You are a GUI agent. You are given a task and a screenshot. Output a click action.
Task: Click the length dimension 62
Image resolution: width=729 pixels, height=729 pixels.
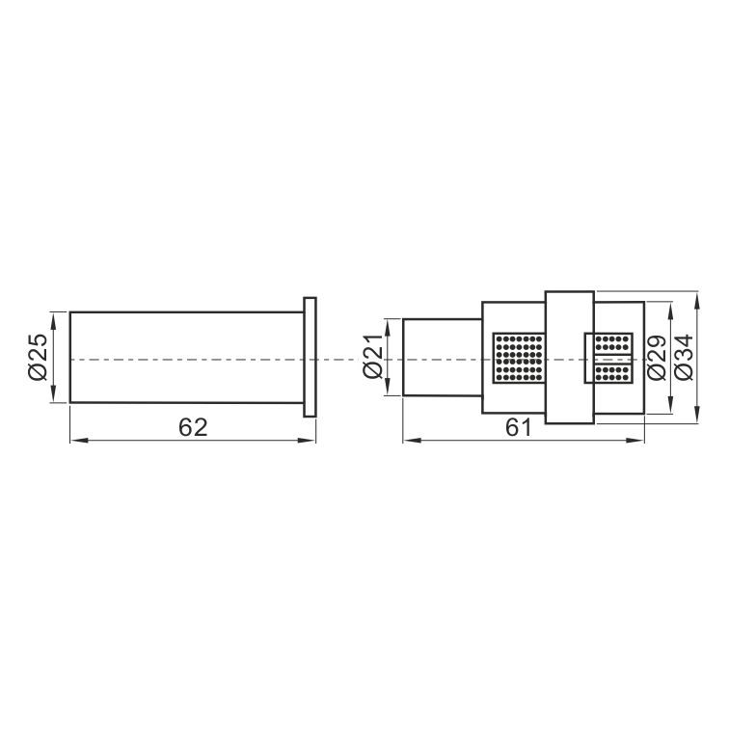click(193, 427)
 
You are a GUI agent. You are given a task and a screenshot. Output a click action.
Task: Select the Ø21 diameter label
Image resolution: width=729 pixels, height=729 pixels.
click(373, 356)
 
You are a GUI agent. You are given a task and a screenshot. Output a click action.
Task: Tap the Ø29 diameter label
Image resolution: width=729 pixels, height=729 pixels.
click(656, 358)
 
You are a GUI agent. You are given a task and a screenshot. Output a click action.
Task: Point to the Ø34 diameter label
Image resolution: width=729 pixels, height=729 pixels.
click(684, 358)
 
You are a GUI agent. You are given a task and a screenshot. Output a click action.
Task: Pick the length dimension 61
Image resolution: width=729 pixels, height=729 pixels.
click(519, 427)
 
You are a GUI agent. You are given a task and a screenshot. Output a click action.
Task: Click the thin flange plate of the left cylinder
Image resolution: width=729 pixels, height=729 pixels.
click(310, 357)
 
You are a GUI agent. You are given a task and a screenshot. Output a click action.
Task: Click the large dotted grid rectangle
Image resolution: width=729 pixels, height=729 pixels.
click(519, 358)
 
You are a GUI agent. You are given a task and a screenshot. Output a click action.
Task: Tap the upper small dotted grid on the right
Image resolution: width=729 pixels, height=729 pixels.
click(613, 344)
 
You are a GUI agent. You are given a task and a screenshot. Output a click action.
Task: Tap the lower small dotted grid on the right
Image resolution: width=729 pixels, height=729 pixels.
click(613, 372)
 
